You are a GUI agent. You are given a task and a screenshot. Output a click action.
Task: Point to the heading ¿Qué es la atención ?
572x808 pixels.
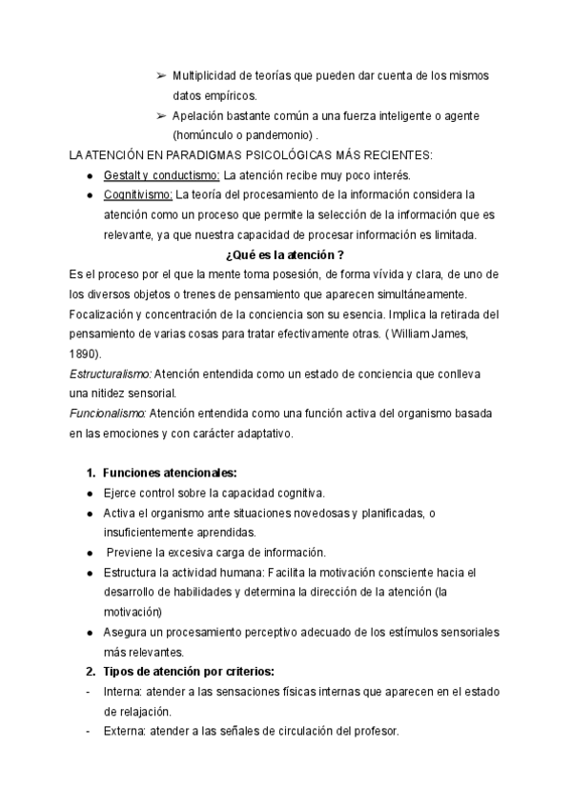pyautogui.click(x=284, y=255)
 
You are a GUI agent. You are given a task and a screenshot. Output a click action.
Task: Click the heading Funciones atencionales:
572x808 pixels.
pyautogui.click(x=169, y=473)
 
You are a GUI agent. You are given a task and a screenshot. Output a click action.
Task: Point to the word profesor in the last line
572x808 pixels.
pyautogui.click(x=376, y=732)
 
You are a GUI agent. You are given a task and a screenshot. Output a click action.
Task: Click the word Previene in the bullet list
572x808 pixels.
pyautogui.click(x=133, y=553)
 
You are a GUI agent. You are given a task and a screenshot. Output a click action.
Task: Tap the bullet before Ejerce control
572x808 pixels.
pyautogui.click(x=88, y=494)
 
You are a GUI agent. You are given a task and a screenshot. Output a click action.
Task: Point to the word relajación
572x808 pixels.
pyautogui.click(x=133, y=712)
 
